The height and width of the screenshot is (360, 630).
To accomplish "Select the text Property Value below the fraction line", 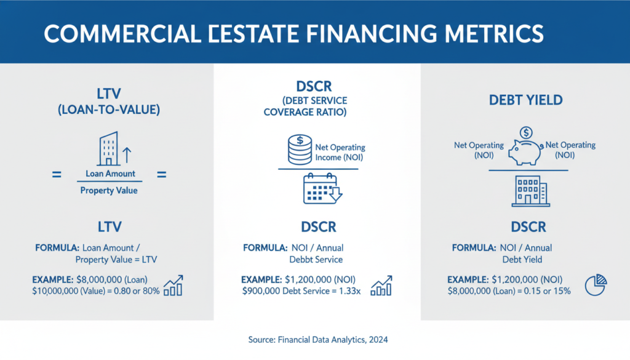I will tap(110, 191).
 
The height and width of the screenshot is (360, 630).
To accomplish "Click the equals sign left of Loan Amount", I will tap(56, 175).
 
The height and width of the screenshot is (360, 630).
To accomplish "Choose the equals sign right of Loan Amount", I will tap(162, 175).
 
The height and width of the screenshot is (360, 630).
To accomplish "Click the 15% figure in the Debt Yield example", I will tap(560, 290).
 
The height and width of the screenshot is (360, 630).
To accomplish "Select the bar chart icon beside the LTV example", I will tap(173, 286).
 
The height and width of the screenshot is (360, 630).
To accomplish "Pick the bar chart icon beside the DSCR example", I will tap(382, 286).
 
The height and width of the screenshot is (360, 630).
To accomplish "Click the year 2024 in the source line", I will tap(377, 339).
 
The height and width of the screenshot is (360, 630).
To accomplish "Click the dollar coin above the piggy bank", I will tap(526, 132).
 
